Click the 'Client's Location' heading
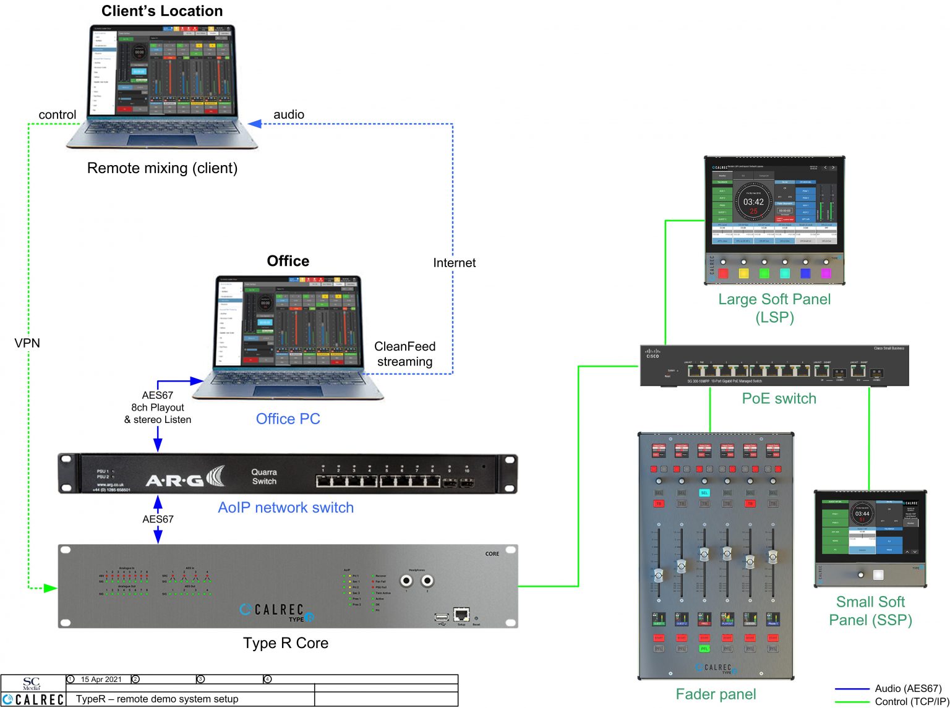pos(162,11)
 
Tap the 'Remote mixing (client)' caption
pos(162,168)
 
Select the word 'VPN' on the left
pos(27,343)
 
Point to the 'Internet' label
pos(454,263)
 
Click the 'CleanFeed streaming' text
pos(405,354)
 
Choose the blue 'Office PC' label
pos(288,419)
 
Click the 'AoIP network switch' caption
pos(286,508)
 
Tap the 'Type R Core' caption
pos(286,643)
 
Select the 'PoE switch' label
pos(779,399)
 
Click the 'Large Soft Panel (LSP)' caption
pos(774,308)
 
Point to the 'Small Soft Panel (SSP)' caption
pos(870,611)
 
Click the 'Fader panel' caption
pos(716,694)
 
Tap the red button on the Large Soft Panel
pos(723,273)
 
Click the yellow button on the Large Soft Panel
pos(744,273)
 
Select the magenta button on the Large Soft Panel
pos(826,273)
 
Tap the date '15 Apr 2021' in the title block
pos(101,680)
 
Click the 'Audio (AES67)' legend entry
pos(907,688)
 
